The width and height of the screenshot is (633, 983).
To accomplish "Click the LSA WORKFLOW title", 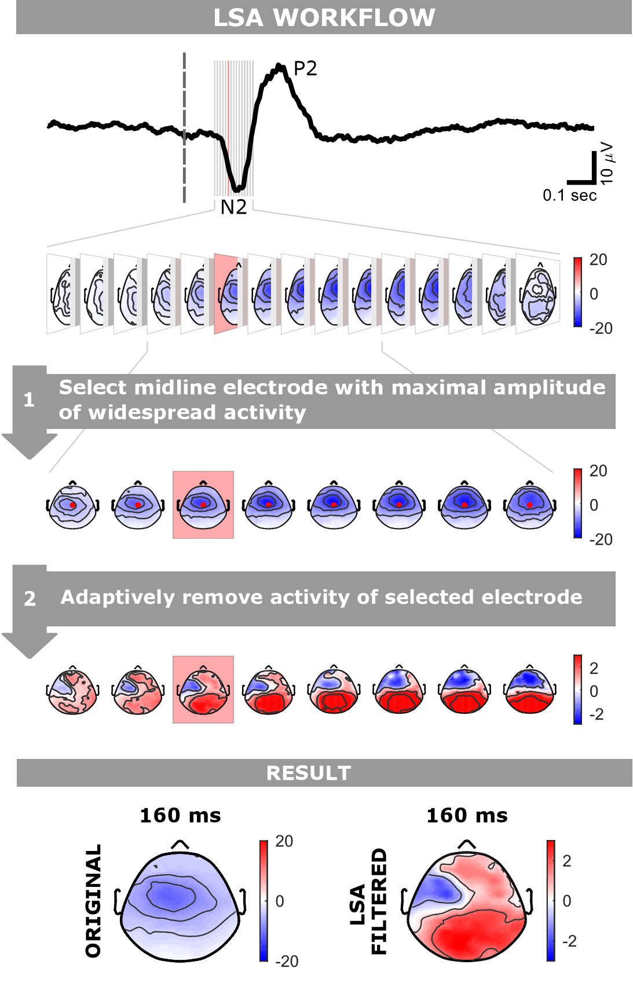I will (x=324, y=17).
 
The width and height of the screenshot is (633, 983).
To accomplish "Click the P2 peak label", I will (x=305, y=69).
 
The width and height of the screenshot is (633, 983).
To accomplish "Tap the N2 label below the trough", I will (x=233, y=207).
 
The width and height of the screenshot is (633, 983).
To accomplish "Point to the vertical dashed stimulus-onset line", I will (x=185, y=127).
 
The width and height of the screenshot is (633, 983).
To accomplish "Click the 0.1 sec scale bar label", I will (x=569, y=196).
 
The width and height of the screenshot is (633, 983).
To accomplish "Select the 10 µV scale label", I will (x=607, y=164).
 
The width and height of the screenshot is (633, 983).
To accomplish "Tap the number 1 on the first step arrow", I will (x=29, y=399).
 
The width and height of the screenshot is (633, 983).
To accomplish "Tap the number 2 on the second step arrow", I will (x=30, y=599).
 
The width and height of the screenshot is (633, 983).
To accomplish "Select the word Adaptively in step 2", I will (x=118, y=597).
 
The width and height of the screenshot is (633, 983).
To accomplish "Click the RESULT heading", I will (x=309, y=773).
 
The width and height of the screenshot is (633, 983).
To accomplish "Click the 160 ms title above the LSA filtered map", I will (x=467, y=816).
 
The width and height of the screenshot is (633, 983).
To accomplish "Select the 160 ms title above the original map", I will (x=180, y=816).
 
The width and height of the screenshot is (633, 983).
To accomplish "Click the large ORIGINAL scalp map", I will (x=181, y=906).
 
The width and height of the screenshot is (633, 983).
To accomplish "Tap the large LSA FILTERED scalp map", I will (x=467, y=906).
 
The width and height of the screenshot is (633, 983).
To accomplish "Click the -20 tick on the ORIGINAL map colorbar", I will (x=286, y=961).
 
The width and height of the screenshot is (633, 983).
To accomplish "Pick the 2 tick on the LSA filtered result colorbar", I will (x=566, y=861).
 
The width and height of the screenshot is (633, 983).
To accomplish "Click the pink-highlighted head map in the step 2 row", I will (x=203, y=689).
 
